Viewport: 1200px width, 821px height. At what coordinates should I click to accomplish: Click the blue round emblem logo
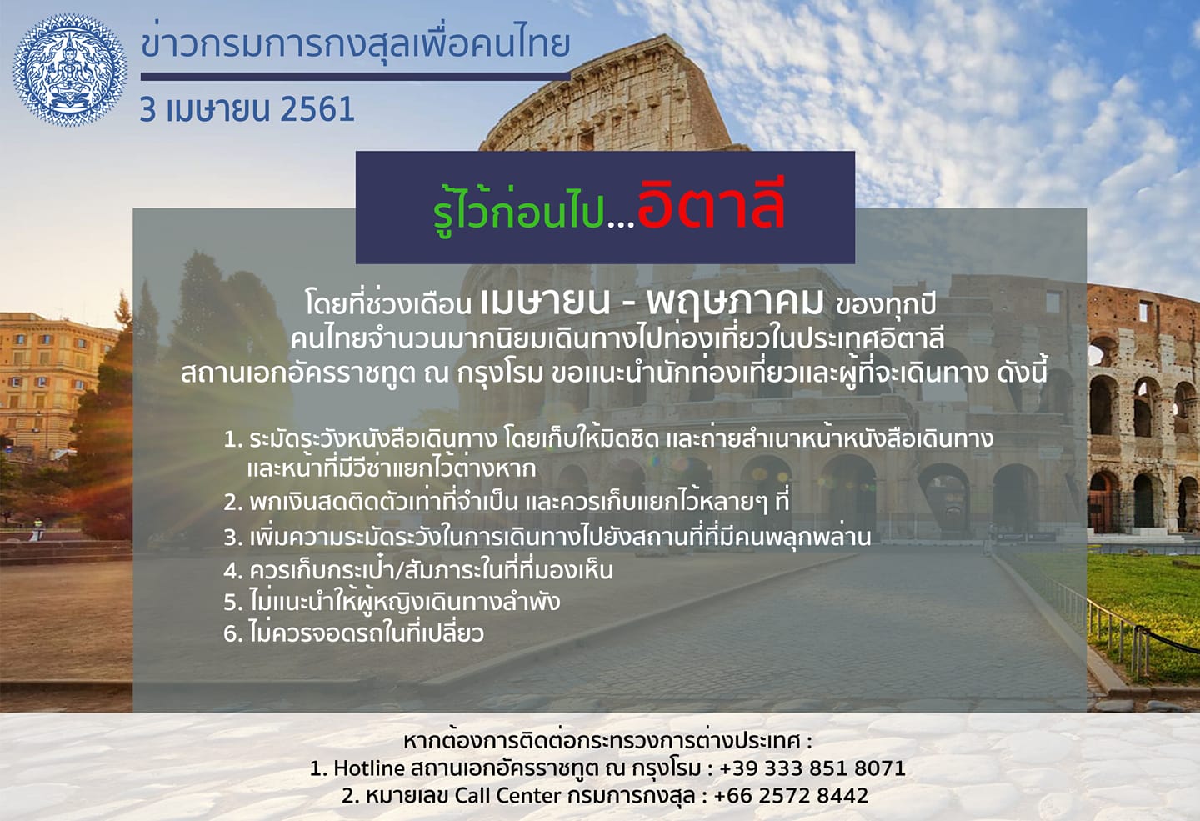70,70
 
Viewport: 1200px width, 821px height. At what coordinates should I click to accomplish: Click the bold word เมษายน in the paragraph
546,303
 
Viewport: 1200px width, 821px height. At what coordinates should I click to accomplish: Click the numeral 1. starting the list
233,440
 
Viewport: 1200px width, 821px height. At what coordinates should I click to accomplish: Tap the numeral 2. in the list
234,503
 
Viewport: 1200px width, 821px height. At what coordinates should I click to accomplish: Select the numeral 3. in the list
234,538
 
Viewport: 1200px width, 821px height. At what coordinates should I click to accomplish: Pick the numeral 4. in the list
234,571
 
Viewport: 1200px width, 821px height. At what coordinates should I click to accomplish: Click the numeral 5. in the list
234,603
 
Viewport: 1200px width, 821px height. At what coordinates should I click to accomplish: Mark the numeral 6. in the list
234,633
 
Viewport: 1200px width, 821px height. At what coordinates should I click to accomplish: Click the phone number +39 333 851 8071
812,768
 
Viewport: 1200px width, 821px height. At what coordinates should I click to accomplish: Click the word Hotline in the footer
369,768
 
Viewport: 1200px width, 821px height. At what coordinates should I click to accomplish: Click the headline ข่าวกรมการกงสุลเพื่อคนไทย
356,44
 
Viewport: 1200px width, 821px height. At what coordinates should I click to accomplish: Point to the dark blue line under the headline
356,77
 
